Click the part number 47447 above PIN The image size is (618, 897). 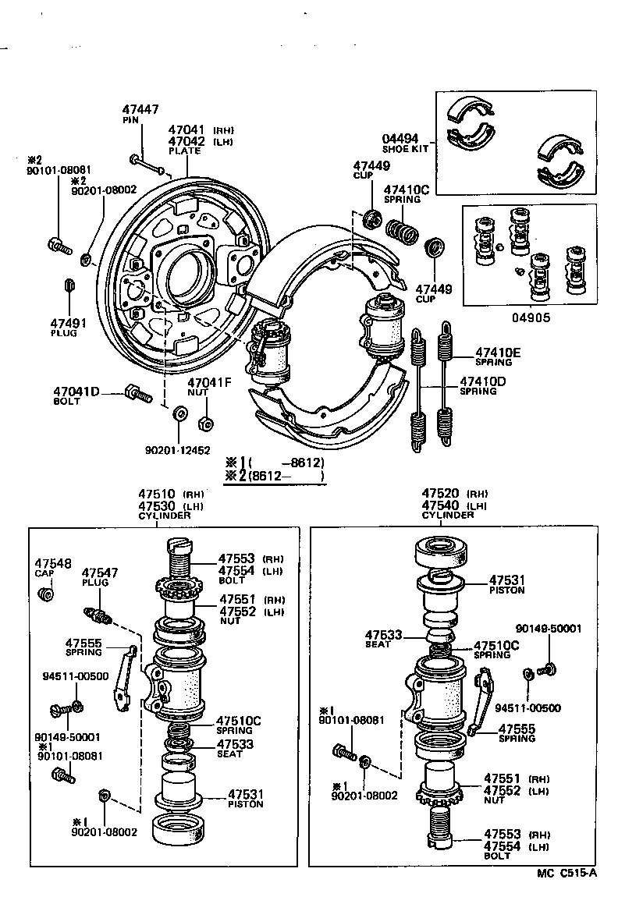[x=140, y=112]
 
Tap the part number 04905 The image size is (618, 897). [x=531, y=317]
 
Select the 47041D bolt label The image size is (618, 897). [x=76, y=391]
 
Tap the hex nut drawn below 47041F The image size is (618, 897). [x=204, y=424]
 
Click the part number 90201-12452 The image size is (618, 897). [x=177, y=450]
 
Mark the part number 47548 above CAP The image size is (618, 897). [x=52, y=562]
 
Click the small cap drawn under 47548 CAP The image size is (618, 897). [x=46, y=595]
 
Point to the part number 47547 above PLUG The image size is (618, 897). [x=100, y=573]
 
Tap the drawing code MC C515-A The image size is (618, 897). [x=566, y=873]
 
